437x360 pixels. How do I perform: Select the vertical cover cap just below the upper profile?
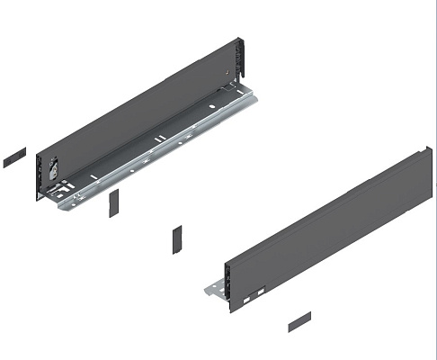pos(113,203)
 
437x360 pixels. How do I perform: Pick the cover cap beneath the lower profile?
pos(299,321)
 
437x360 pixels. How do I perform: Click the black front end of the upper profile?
pos(40,176)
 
